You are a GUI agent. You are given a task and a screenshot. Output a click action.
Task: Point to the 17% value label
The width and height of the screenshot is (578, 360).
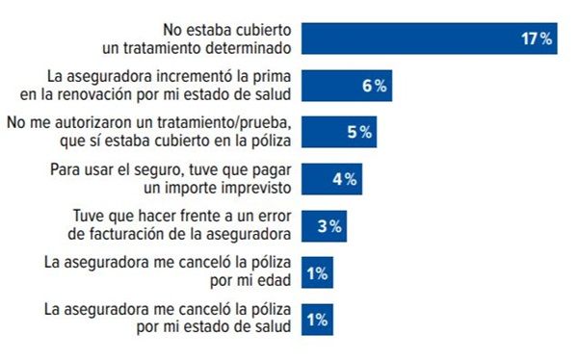[537, 39]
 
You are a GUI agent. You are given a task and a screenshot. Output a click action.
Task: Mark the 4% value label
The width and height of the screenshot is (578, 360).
[344, 180]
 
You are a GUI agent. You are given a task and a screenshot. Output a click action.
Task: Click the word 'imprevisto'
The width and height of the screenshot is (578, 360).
[241, 189]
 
